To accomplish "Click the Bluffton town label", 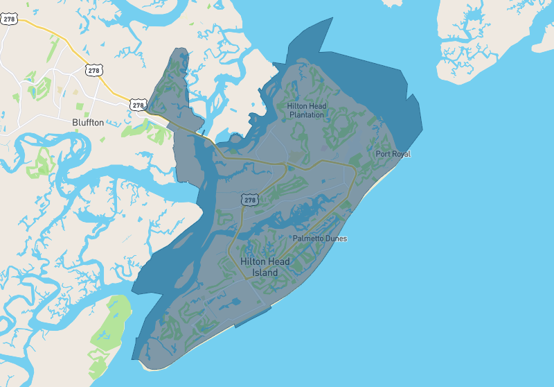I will point(88,122).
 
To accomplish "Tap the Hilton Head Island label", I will point(265,267).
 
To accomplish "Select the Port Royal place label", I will point(393,154).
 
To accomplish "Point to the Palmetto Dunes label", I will point(319,239).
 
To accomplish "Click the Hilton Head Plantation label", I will point(307,110).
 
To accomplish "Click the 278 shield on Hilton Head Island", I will point(250,200).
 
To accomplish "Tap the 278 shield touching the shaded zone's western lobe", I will point(138,105).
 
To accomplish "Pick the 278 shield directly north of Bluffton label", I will point(93,70).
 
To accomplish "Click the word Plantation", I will point(307,115).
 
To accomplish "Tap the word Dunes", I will point(336,239).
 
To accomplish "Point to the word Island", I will point(265,273).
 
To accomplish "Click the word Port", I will point(382,154).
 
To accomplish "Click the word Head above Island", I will point(279,261).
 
